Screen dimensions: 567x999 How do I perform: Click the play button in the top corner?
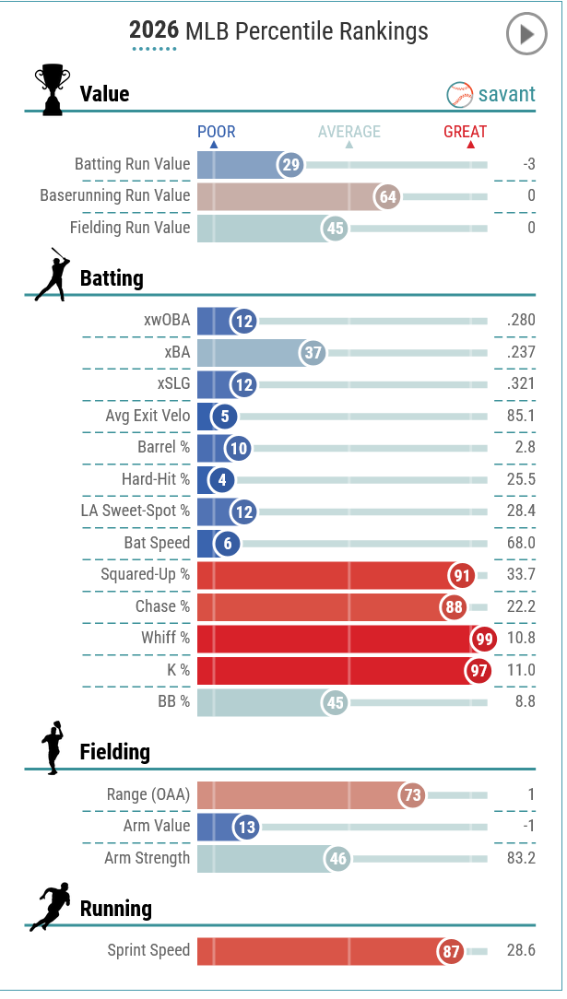pos(526,34)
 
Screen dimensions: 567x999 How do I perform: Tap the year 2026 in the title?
pos(154,30)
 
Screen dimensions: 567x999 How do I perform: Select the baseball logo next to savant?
pos(460,95)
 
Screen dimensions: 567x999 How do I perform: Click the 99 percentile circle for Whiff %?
pos(484,639)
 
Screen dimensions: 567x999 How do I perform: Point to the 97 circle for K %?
pos(478,670)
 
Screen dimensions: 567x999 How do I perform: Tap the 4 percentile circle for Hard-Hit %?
pos(221,479)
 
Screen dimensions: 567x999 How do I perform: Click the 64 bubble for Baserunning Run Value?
pos(388,197)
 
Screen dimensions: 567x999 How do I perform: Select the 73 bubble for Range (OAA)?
pos(412,795)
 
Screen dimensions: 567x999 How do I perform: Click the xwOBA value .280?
pos(521,320)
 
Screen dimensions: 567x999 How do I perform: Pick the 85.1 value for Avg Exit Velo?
pos(521,416)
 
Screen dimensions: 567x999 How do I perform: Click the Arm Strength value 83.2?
pos(521,858)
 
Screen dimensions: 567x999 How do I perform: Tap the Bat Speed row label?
pos(157,543)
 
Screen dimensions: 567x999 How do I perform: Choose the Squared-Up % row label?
pos(146,575)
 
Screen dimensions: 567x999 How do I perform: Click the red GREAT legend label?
pos(465,132)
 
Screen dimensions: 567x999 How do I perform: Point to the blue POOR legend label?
pos(216,132)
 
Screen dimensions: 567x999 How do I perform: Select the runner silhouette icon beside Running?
pos(50,907)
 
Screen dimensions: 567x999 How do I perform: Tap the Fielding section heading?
pos(114,752)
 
